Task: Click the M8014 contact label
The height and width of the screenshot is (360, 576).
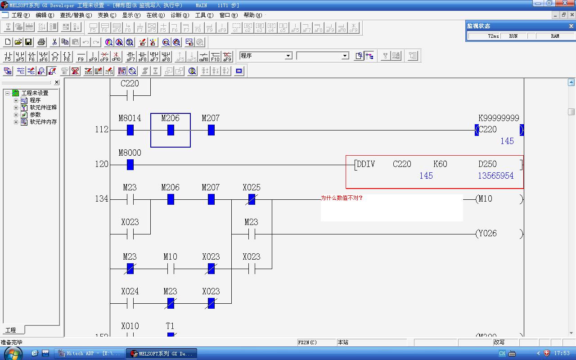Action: click(130, 118)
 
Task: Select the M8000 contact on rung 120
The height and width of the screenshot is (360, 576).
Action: click(130, 165)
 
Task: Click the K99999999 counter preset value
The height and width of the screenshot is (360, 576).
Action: click(499, 118)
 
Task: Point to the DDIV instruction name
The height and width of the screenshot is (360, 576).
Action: click(365, 164)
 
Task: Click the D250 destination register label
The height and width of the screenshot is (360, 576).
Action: click(487, 164)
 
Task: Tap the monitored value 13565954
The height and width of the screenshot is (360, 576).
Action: click(495, 176)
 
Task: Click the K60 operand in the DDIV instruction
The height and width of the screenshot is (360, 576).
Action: click(440, 164)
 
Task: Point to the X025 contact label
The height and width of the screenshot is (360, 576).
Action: click(251, 188)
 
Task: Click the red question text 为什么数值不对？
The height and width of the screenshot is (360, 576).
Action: click(342, 198)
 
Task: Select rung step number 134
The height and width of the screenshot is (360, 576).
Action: click(101, 199)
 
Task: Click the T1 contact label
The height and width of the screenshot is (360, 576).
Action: click(170, 326)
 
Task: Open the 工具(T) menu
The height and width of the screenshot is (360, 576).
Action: click(204, 15)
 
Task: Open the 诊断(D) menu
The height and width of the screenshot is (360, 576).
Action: click(180, 15)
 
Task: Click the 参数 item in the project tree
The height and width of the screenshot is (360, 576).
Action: click(35, 115)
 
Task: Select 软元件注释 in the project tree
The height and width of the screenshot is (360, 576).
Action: click(43, 108)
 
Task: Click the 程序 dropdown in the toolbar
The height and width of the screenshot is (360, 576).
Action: click(266, 56)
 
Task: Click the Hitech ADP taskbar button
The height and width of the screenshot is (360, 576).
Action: click(89, 354)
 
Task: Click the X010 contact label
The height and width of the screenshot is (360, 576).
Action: click(130, 326)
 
